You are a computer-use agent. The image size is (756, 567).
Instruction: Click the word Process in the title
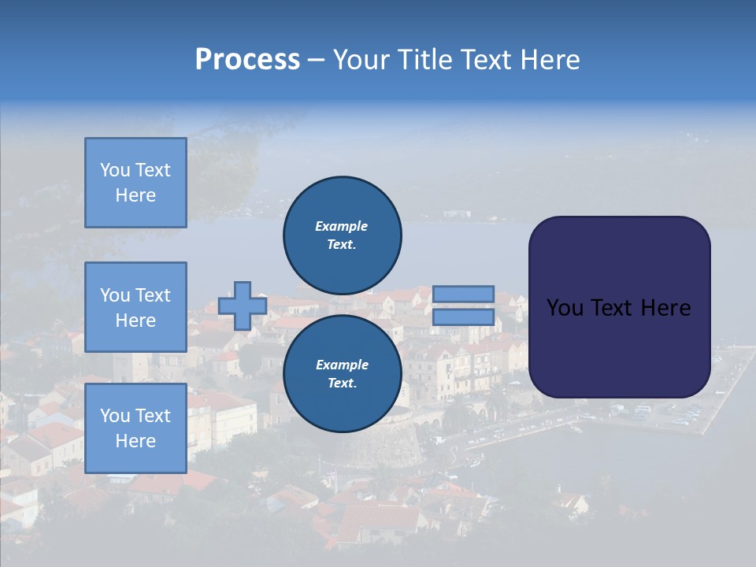[247, 60]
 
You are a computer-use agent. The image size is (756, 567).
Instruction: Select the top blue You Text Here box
[135, 183]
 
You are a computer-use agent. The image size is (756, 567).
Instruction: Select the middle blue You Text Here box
[135, 307]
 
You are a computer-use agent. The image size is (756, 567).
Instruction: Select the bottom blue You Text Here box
[135, 428]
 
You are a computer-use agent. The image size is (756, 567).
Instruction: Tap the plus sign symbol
[243, 306]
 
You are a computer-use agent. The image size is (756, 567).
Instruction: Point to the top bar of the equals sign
[463, 294]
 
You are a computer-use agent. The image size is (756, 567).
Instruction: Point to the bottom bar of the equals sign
[463, 317]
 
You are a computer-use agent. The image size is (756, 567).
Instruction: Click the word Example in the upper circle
[341, 226]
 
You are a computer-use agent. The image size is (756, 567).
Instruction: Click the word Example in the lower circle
[341, 365]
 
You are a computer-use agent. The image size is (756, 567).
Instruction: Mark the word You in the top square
[115, 170]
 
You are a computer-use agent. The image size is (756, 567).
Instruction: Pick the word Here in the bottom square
[135, 441]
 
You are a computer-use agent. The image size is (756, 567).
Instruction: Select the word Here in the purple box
[665, 308]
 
